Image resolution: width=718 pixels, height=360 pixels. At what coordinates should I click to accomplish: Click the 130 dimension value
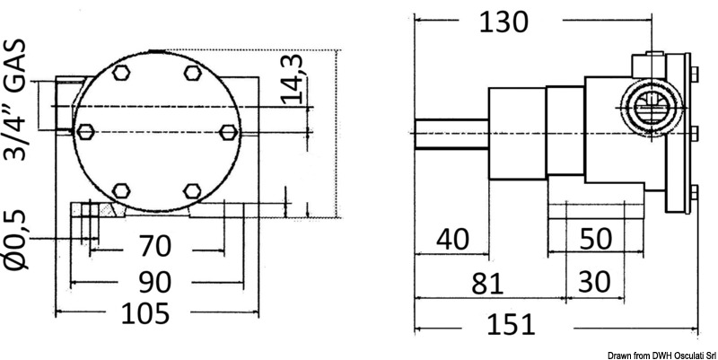[x=503, y=22]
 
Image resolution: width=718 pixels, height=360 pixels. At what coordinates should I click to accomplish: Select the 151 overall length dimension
[x=510, y=324]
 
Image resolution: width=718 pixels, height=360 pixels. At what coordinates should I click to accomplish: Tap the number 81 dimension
[x=487, y=283]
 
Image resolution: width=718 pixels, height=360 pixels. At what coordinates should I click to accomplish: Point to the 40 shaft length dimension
[x=453, y=239]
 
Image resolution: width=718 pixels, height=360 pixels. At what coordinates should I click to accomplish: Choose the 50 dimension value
[x=596, y=239]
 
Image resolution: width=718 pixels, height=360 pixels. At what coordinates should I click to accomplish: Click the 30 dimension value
[x=594, y=282]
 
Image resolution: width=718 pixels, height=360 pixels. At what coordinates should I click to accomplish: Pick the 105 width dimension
[x=145, y=313]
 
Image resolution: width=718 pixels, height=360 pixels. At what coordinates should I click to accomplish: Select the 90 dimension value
[x=154, y=282]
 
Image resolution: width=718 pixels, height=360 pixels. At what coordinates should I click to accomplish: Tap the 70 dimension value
[x=154, y=246]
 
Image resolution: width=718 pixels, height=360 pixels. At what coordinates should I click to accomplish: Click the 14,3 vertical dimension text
[x=292, y=79]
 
